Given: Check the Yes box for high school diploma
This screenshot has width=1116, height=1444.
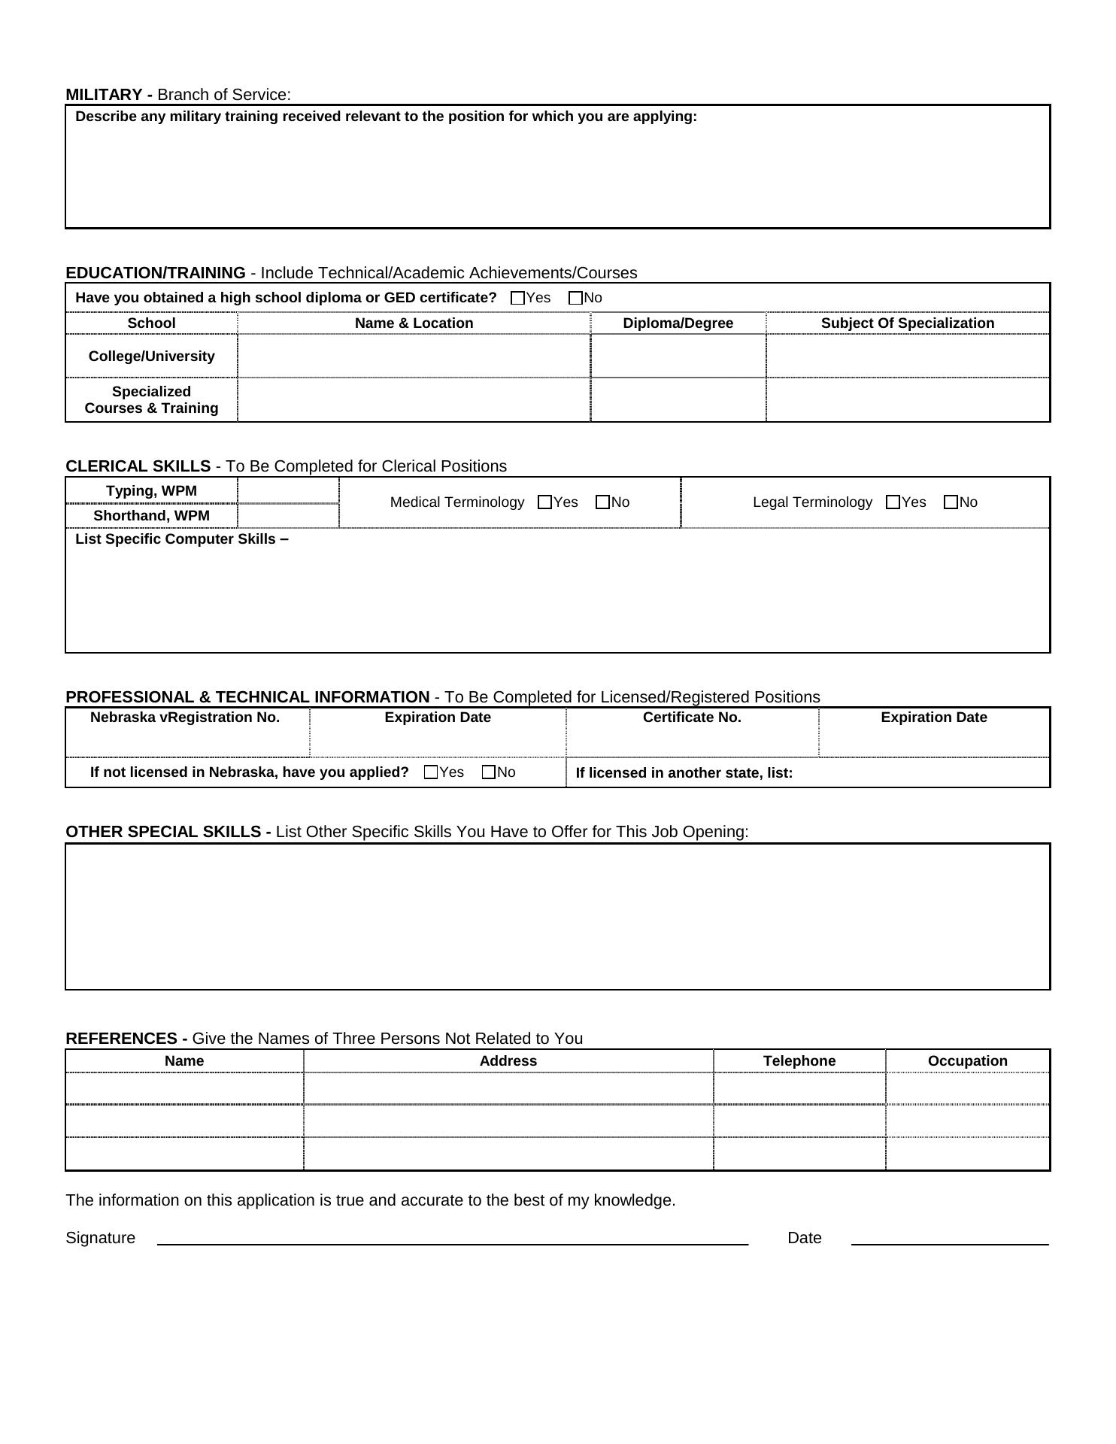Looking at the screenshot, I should [x=517, y=298].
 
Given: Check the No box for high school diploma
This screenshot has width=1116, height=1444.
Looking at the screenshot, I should [x=576, y=298].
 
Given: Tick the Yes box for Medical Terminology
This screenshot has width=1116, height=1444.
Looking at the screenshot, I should [x=545, y=502].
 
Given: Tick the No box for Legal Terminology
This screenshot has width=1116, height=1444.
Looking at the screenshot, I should [x=951, y=502].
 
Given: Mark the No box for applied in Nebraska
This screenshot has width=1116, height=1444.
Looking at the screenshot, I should [x=489, y=772].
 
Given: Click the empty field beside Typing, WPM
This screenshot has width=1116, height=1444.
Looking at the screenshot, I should [x=288, y=491].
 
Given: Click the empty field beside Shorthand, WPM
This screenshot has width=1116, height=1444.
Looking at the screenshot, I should [x=288, y=516].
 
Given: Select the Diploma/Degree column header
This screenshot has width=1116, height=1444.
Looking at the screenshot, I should [x=678, y=323].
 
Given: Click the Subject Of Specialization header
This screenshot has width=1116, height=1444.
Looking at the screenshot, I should [x=907, y=323].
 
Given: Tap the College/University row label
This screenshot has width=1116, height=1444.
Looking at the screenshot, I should [x=151, y=356].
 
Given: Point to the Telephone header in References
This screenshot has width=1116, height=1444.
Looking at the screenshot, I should [x=799, y=1061].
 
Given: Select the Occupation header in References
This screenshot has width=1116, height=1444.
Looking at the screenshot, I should [x=967, y=1061].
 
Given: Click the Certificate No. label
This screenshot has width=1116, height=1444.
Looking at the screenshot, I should [x=692, y=717].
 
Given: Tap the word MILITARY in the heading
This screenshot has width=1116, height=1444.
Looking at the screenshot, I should [x=104, y=95].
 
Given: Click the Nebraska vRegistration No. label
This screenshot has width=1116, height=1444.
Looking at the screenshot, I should [x=185, y=717].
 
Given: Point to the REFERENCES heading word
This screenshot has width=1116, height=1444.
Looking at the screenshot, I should [x=122, y=1039].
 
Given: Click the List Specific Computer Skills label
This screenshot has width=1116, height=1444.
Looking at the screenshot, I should [x=181, y=539].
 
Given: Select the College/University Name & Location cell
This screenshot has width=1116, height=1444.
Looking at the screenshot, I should [x=414, y=356].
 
